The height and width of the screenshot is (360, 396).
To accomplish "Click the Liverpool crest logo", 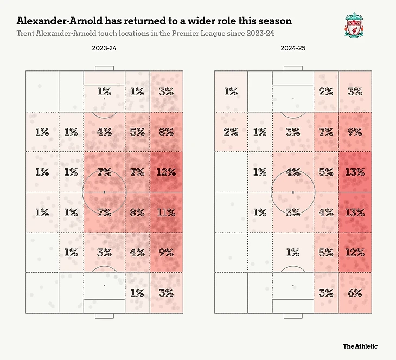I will pos(356,25).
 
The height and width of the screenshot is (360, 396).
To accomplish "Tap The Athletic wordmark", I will pos(360,346).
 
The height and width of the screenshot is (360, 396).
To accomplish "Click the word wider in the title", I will pos(191,21).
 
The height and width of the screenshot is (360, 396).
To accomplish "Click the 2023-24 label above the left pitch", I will pos(104,49).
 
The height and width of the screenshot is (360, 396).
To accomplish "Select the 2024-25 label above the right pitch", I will pos(293,49).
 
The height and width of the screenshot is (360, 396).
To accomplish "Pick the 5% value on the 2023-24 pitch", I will pos(137,132).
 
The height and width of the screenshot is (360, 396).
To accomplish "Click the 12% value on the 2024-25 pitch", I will pos(355,252).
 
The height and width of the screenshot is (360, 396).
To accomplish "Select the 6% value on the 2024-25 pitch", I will pos(355,292).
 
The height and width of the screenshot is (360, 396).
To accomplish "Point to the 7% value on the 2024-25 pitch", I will pos(326,132).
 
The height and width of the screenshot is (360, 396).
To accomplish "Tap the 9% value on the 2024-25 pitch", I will pos(355,132).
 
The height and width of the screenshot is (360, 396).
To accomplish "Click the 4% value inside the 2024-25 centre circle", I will pos(293,172).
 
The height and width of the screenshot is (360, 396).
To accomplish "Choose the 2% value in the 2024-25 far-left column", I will pos(231,132).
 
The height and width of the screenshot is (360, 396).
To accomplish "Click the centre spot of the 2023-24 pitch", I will pos(104,192).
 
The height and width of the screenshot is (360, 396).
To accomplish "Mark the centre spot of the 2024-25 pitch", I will pos(293,192).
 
